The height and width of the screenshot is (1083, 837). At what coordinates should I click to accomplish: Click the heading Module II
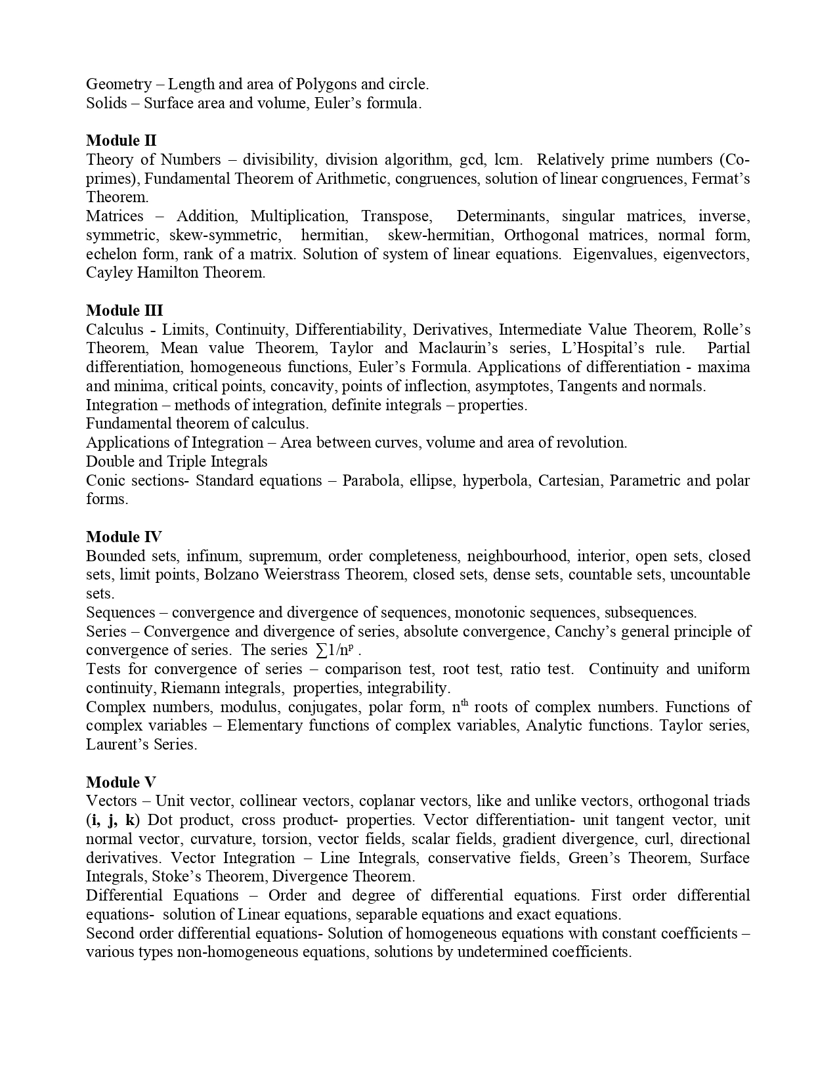[x=121, y=140]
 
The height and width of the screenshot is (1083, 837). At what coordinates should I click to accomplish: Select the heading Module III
[x=124, y=310]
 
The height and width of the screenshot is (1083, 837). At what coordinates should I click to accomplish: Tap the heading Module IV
[x=123, y=537]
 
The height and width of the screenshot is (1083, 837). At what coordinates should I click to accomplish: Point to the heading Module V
[x=121, y=782]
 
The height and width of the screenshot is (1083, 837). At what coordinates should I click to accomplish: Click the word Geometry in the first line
[x=119, y=84]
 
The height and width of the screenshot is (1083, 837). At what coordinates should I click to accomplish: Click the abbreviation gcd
[x=463, y=159]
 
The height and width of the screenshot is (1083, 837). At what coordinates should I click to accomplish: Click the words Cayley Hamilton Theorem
[x=175, y=273]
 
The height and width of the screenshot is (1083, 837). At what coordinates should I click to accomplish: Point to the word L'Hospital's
[x=603, y=348]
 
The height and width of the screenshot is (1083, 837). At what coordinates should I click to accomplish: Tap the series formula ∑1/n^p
[x=334, y=650]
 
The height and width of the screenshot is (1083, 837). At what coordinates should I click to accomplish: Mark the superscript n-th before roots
[x=460, y=706]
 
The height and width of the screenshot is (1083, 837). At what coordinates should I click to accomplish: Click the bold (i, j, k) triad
[x=112, y=820]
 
